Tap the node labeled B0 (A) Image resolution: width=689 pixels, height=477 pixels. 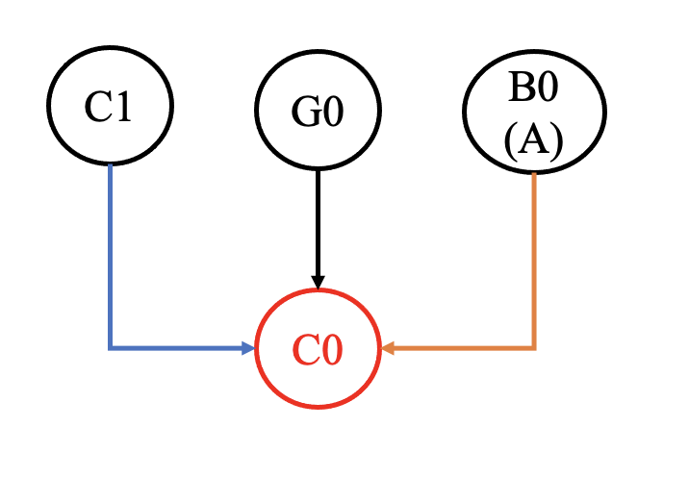tap(534, 110)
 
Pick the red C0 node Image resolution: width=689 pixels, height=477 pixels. tap(318, 348)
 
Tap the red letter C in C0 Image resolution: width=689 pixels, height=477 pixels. tap(305, 350)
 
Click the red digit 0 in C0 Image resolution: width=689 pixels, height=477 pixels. tap(332, 350)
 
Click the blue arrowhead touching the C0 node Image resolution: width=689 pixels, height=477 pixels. tap(248, 348)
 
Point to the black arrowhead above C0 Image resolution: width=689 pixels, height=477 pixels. tap(318, 281)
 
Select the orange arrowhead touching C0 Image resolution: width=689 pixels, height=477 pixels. tap(389, 348)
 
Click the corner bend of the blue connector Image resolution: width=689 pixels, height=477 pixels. tap(111, 347)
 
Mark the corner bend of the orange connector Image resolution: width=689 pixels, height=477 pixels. tap(534, 347)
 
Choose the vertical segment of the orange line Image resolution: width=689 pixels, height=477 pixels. tap(534, 260)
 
